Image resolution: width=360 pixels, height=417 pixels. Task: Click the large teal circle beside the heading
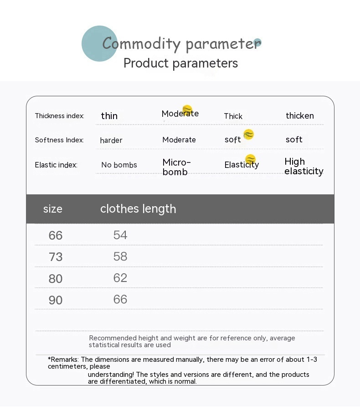99,43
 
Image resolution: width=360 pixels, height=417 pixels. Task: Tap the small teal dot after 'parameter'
257,42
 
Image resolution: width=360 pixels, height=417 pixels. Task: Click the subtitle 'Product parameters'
180,63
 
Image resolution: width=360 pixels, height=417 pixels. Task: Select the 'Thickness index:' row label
59,116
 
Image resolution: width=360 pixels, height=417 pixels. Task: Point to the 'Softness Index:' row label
59,140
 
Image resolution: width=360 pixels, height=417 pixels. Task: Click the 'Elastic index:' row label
56,165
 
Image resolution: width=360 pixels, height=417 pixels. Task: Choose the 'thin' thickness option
109,116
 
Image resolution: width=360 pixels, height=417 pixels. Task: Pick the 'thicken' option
299,116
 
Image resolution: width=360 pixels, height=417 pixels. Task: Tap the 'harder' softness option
111,140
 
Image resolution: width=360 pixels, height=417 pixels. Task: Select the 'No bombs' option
119,165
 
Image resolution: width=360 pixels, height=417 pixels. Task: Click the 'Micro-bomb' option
176,167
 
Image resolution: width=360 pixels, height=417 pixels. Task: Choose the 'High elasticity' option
303,166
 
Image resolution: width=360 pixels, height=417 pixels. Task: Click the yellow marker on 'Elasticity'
250,159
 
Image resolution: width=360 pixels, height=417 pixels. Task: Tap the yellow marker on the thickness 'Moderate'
187,109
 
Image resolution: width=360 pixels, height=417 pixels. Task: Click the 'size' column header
53,209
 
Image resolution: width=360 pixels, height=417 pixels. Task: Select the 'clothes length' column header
138,209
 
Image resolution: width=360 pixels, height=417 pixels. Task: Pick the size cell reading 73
56,257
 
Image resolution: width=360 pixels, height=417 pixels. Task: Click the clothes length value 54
120,235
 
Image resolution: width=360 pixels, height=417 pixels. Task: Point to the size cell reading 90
56,300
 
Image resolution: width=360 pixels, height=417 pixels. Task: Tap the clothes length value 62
120,278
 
